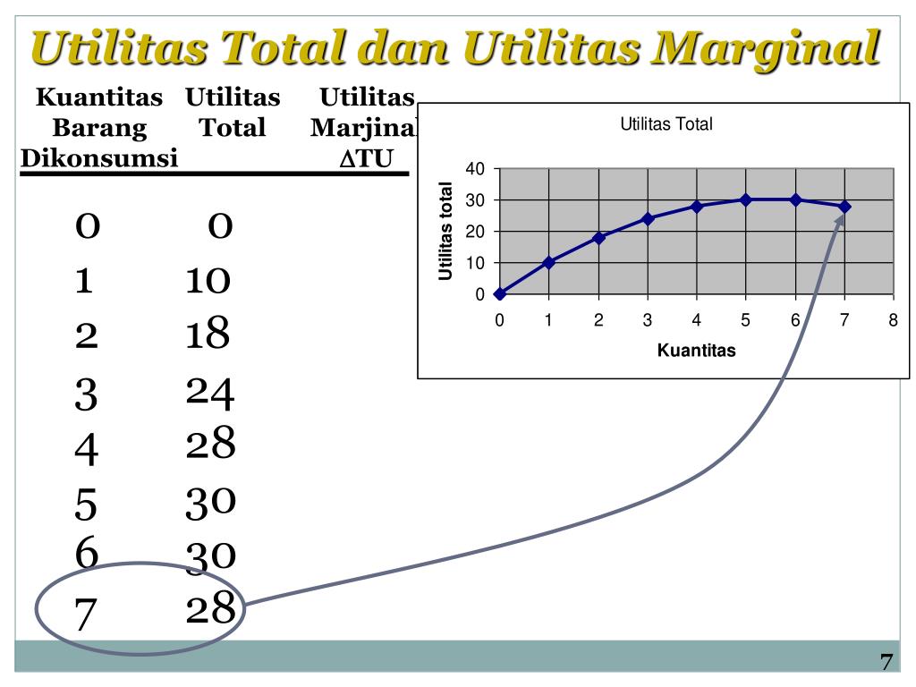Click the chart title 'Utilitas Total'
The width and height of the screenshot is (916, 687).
(x=666, y=125)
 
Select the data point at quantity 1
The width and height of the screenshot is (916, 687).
(x=549, y=262)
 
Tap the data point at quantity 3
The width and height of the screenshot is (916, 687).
(x=648, y=218)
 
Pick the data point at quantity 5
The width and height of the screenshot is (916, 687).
(x=746, y=199)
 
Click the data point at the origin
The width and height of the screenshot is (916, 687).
(x=500, y=293)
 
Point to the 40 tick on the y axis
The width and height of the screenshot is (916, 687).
(x=475, y=169)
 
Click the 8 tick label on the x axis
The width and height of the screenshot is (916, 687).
(x=893, y=322)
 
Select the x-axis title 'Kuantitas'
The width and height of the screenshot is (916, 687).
(x=696, y=351)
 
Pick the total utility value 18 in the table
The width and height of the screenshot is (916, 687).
(x=208, y=335)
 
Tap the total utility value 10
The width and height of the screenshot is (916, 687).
(x=208, y=281)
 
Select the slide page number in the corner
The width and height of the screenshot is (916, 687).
(x=886, y=663)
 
